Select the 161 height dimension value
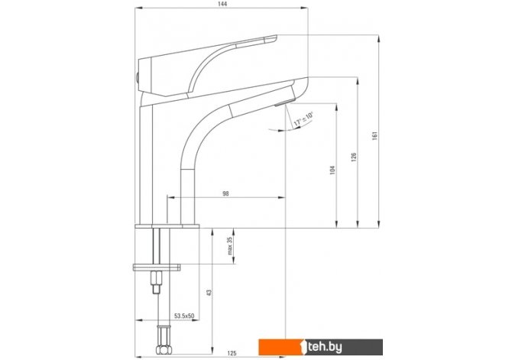pyautogui.click(x=374, y=136)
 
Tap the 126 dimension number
pyautogui.click(x=354, y=157)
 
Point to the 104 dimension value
pyautogui.click(x=332, y=170)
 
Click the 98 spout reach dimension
pyautogui.click(x=225, y=193)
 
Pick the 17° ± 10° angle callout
pyautogui.click(x=303, y=120)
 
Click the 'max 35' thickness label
pyautogui.click(x=230, y=245)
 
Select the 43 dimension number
pyautogui.click(x=209, y=293)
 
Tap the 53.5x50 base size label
pyautogui.click(x=184, y=316)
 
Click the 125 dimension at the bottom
pyautogui.click(x=232, y=353)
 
